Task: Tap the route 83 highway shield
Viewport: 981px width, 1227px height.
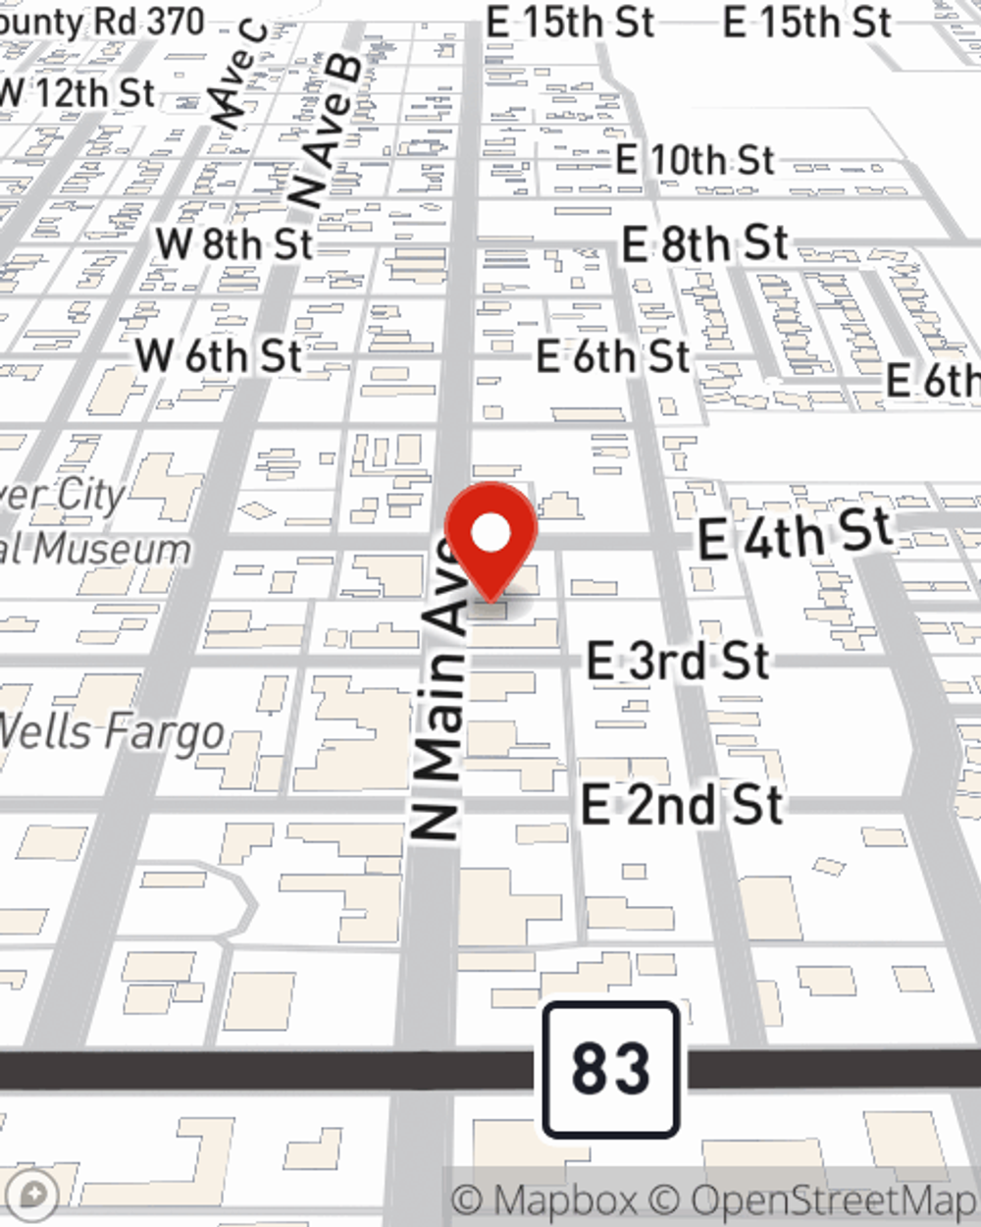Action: coord(610,1069)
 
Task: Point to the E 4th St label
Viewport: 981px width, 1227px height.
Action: coord(795,534)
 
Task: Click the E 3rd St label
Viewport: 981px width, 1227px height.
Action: coord(678,661)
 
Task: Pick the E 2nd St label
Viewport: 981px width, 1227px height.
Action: coord(683,805)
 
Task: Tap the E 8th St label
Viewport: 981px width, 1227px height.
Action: coord(705,244)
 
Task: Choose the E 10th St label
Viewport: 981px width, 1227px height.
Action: coord(695,159)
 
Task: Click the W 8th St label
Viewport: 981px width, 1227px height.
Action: coord(233,244)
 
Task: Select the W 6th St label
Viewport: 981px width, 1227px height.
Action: coord(219,355)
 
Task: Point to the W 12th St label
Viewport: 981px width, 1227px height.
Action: coord(77,93)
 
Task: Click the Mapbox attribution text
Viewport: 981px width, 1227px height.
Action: coord(543,1200)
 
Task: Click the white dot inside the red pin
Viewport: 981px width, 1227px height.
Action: coord(490,534)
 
